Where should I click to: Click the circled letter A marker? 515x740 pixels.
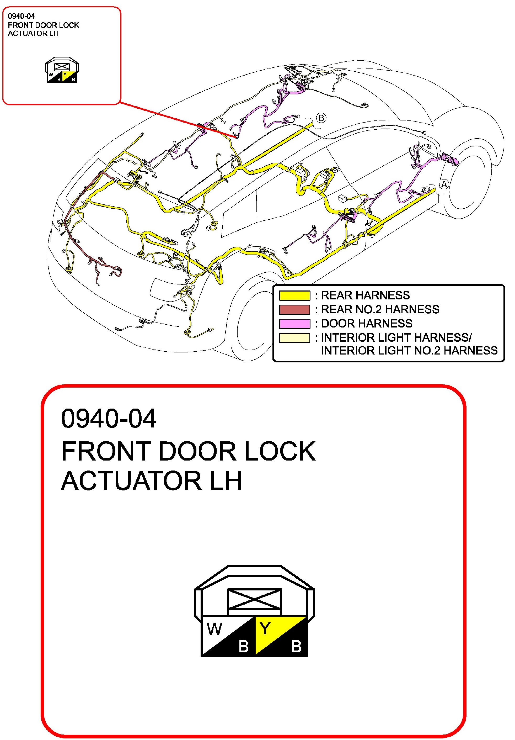pos(444,185)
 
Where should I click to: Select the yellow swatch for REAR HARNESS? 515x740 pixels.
pos(294,295)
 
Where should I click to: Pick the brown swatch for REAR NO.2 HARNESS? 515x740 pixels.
pos(294,309)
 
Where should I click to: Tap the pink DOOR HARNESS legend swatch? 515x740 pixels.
pos(294,323)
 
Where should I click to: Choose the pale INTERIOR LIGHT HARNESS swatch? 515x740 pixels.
pos(294,337)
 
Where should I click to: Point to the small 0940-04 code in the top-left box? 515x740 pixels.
pos(21,16)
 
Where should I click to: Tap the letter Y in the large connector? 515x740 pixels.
pos(265,628)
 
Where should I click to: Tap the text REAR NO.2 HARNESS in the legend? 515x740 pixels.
pos(380,309)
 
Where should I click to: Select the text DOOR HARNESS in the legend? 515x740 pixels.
pos(367,323)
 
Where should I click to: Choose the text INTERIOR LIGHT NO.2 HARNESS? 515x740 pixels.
pos(409,350)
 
